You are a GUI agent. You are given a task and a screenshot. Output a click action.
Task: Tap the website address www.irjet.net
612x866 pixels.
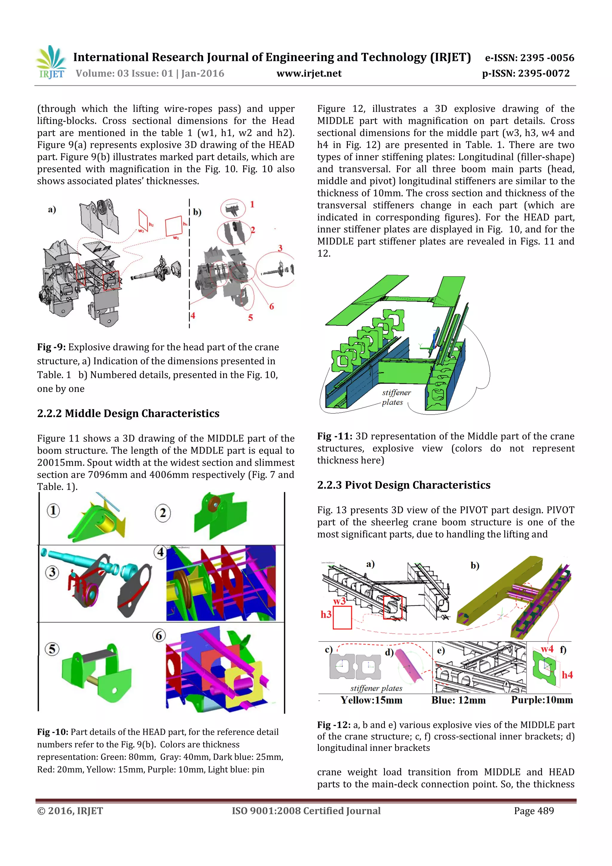pos(309,74)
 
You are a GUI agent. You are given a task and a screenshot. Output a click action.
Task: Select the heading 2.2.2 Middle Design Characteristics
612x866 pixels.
pos(128,413)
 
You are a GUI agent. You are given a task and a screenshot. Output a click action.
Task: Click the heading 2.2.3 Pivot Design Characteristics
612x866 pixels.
pos(403,485)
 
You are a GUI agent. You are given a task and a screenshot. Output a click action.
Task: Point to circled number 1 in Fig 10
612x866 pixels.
pos(53,511)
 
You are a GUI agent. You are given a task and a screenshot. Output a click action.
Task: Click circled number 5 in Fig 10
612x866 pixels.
pos(52,649)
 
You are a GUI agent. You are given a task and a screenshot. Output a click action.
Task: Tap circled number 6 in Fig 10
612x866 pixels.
pos(159,636)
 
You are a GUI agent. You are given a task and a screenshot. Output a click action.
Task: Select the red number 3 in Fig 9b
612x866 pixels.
pos(280,248)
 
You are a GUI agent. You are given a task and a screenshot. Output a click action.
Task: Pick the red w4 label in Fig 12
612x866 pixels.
pos(547,649)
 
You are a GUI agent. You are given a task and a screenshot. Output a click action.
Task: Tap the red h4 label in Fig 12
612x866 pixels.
pos(567,675)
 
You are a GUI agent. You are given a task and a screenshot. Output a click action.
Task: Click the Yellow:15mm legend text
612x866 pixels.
pos(371,700)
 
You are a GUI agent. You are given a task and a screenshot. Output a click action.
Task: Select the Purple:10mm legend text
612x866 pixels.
pos(541,700)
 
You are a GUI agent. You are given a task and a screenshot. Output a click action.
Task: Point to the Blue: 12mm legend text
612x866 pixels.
pos(458,700)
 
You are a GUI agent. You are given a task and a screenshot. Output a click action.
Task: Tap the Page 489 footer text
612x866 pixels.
pos(534,811)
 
